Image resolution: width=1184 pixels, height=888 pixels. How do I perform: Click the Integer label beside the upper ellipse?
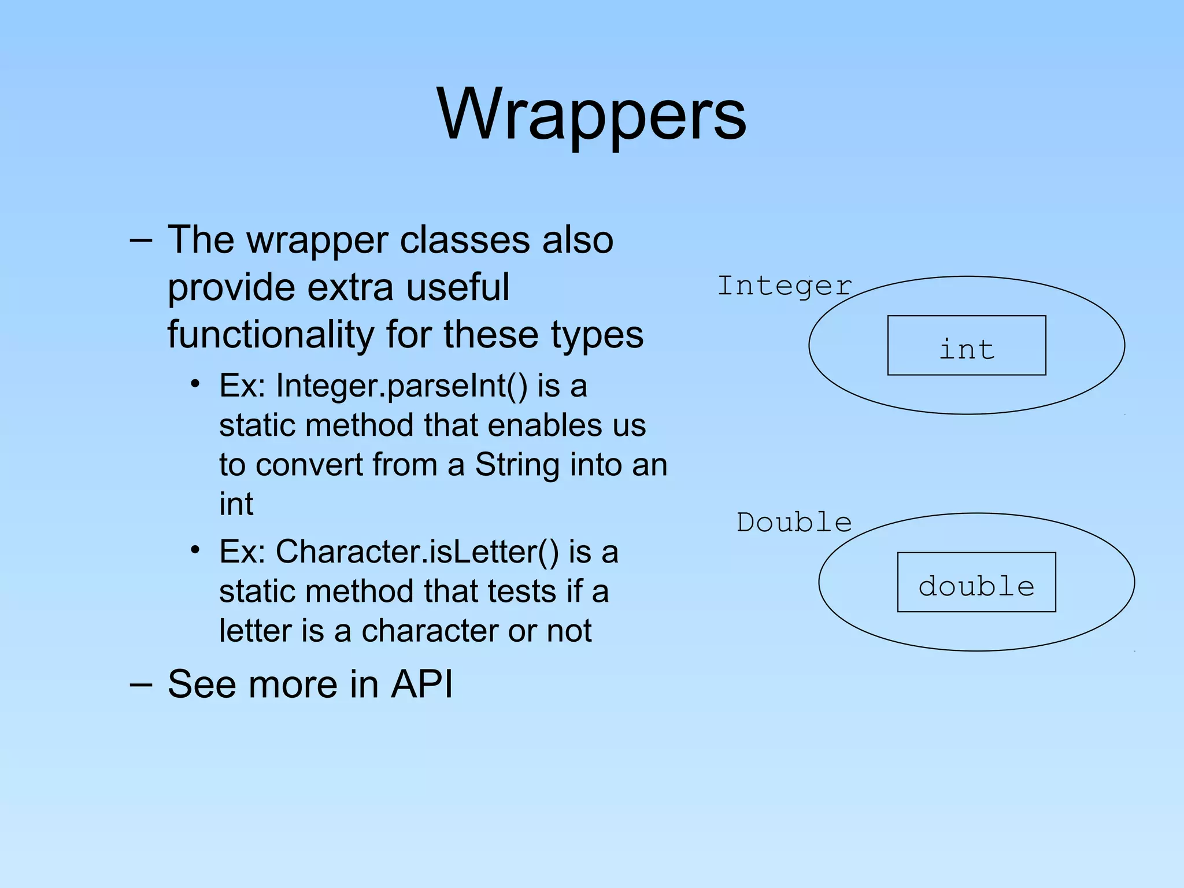coord(784,286)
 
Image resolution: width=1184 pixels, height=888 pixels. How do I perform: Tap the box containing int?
coord(967,346)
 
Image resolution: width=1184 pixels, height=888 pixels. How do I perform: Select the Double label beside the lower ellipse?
coord(794,523)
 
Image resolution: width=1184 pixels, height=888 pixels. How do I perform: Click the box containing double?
coord(976,583)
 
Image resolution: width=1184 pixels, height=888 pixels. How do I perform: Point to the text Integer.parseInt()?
coord(402,386)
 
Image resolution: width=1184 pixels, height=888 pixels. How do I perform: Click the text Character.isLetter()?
coord(417,552)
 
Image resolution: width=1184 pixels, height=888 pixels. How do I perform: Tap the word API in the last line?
coord(422,684)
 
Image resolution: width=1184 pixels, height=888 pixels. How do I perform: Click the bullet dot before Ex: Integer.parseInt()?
coord(195,384)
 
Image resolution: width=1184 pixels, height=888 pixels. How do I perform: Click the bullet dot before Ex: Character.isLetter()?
coord(195,550)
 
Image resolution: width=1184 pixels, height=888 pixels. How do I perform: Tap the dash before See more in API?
coord(141,684)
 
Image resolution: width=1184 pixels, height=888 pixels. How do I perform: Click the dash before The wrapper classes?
coord(141,239)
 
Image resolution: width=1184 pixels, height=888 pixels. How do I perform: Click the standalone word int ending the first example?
coord(236,504)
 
